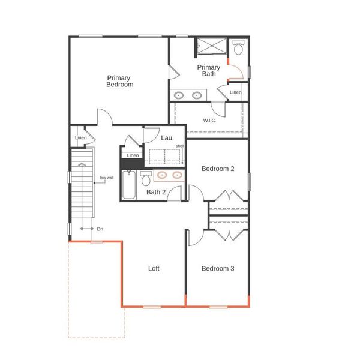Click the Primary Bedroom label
[x=119, y=81]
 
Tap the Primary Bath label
[x=208, y=71]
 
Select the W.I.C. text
[x=209, y=121]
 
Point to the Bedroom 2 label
[x=217, y=169]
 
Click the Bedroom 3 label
[x=217, y=268]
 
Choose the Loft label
[x=154, y=268]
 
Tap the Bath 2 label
[x=157, y=192]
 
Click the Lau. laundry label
[x=167, y=138]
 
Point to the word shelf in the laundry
[x=179, y=146]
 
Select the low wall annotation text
[x=107, y=178]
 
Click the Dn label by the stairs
[x=100, y=229]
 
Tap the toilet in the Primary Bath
[x=238, y=48]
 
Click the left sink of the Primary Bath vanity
[x=179, y=95]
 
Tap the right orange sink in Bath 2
[x=177, y=175]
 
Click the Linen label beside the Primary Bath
[x=236, y=92]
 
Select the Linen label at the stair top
[x=81, y=139]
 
